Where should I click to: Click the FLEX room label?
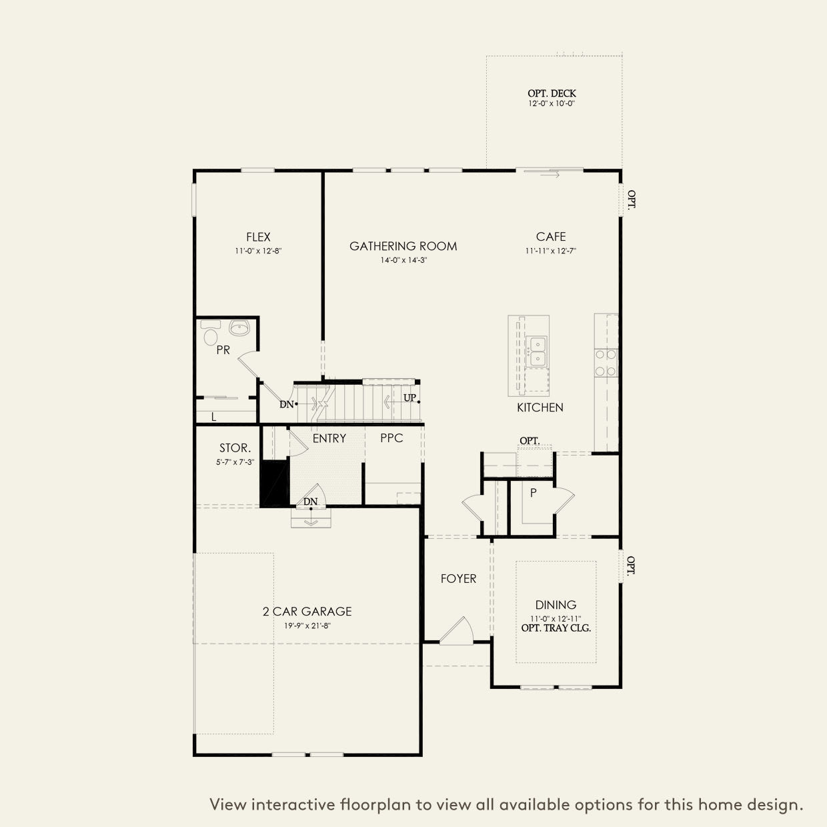258,237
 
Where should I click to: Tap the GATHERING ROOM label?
403,246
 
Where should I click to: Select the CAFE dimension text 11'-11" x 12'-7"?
551,251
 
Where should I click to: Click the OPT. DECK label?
552,93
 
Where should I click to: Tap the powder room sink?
239,328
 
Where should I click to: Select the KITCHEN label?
540,407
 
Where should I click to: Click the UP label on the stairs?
409,398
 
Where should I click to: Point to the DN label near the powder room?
286,404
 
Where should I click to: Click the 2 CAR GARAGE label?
307,611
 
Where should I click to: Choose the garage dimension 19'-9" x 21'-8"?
307,626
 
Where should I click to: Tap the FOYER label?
458,578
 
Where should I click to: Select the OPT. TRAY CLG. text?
556,628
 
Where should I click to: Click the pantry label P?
533,493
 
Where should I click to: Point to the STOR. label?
235,448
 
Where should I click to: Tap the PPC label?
391,438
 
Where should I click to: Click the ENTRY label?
329,438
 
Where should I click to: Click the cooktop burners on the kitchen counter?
606,363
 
